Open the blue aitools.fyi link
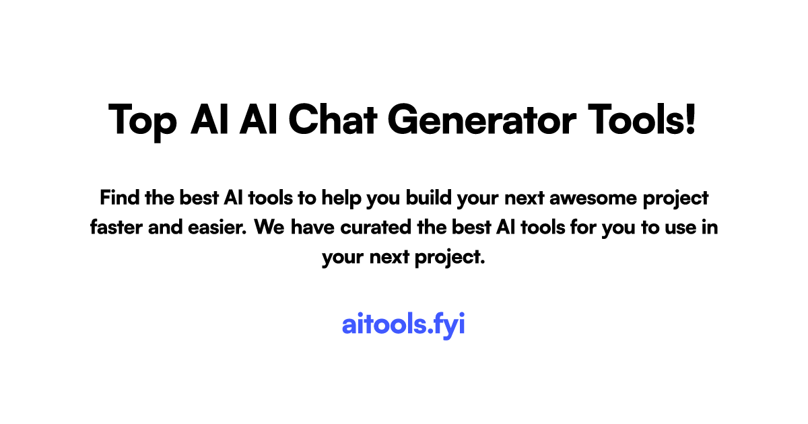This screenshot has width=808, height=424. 403,324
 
